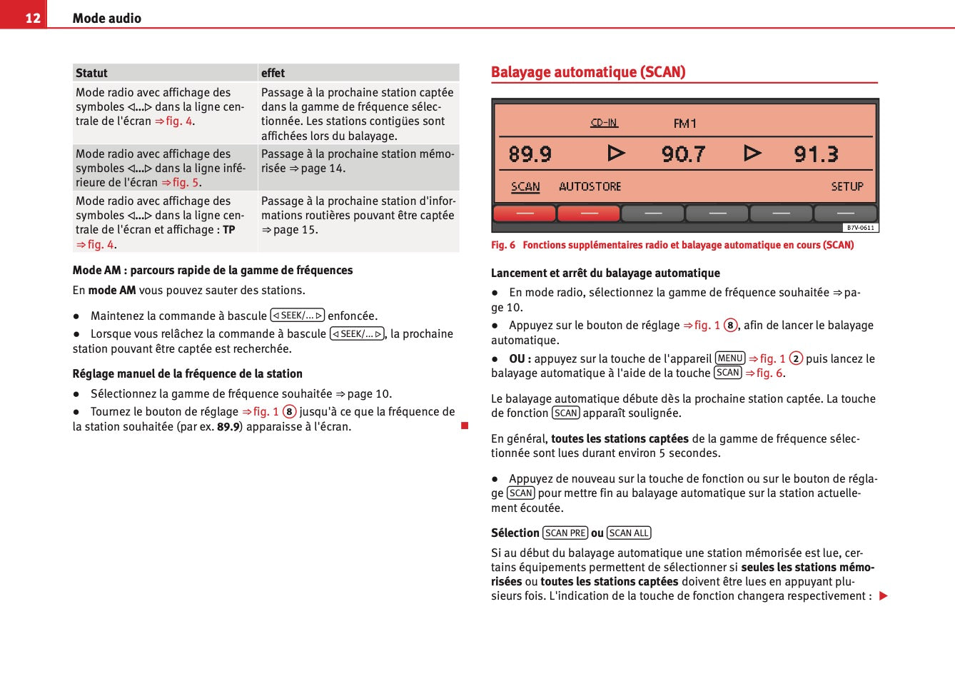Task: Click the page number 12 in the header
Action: (33, 18)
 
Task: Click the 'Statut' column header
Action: (91, 73)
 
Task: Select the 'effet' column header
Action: (273, 73)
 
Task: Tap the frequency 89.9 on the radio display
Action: (530, 154)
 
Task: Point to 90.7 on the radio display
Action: (683, 154)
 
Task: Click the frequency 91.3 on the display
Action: (816, 154)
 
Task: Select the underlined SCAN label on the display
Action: (525, 186)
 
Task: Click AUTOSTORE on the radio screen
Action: (590, 186)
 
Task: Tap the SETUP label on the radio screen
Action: (847, 186)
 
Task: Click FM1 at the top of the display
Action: (684, 124)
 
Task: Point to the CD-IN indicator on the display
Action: (604, 123)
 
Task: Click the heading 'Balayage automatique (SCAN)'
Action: (588, 72)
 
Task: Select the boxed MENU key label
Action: (729, 358)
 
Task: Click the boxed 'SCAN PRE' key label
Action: (565, 533)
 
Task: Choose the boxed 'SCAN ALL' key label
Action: (629, 533)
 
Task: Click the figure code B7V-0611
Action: (860, 228)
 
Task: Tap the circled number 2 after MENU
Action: (796, 358)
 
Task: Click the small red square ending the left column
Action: (465, 426)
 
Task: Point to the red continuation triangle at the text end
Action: (884, 596)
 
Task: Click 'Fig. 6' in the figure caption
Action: (502, 245)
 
